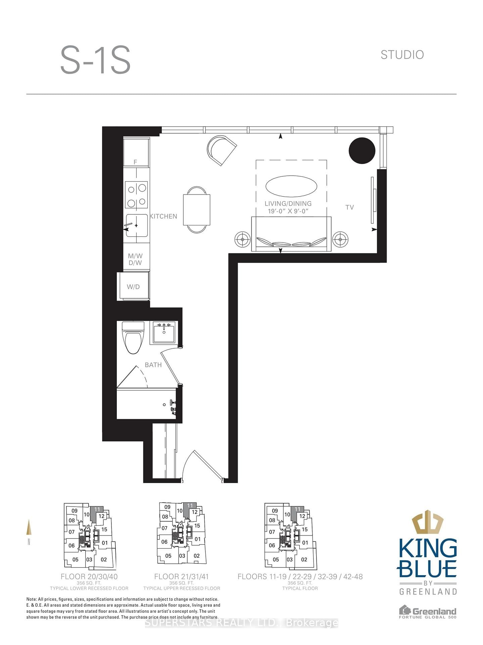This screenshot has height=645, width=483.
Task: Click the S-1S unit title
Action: (x=95, y=60)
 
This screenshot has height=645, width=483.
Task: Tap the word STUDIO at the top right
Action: (x=402, y=55)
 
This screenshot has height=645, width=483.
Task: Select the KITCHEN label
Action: (x=163, y=216)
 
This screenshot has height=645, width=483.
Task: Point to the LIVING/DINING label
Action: (x=288, y=204)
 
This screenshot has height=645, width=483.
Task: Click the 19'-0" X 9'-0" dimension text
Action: (x=288, y=211)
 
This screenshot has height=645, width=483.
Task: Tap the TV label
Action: (x=349, y=207)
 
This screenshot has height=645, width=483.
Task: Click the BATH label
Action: (x=153, y=365)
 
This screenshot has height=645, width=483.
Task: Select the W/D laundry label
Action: (x=133, y=287)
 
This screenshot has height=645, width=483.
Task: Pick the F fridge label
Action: (x=135, y=162)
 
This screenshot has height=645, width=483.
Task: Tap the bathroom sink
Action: (x=164, y=332)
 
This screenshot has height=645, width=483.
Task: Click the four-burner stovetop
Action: (x=136, y=195)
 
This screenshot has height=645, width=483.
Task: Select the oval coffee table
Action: (x=291, y=186)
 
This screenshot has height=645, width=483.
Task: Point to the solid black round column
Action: (x=362, y=150)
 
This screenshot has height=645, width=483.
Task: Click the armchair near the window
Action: (x=221, y=150)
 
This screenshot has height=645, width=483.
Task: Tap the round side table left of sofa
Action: (x=242, y=240)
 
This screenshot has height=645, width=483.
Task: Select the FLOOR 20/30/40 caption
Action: (x=89, y=576)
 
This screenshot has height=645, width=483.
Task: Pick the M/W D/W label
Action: (x=135, y=259)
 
